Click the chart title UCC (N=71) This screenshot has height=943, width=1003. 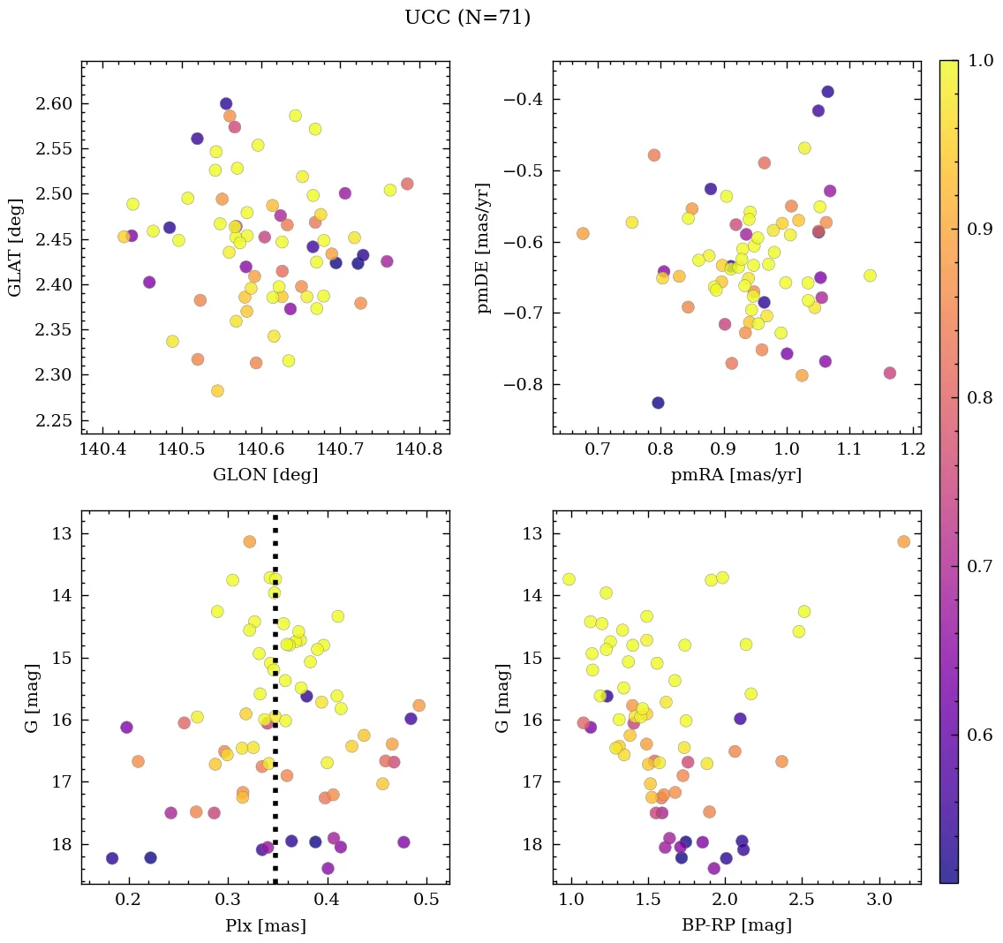(467, 18)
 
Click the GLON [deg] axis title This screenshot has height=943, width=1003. (265, 475)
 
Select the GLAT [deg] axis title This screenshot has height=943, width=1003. (15, 246)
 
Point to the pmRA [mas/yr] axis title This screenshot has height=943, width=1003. (736, 475)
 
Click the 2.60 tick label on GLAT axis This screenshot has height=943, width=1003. (55, 104)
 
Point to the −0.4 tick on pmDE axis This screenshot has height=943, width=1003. (523, 99)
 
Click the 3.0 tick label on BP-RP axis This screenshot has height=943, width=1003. (879, 902)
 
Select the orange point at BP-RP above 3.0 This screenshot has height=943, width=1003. (903, 541)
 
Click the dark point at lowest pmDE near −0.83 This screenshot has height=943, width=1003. (658, 403)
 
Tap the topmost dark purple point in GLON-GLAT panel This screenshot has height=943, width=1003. (226, 103)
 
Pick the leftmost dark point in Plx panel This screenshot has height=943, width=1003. (112, 858)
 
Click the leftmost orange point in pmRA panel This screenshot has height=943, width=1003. (583, 233)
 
